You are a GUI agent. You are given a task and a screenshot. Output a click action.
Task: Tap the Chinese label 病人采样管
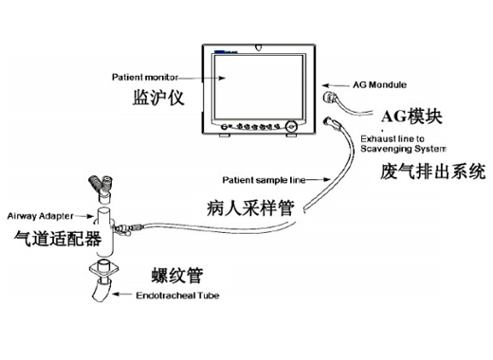point(248,206)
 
